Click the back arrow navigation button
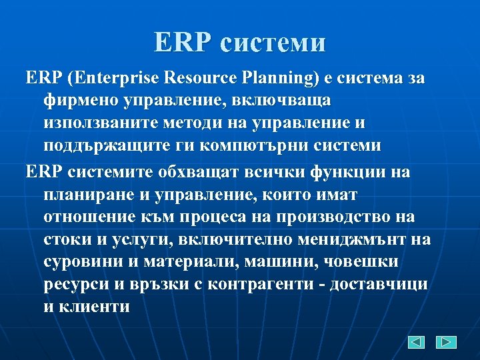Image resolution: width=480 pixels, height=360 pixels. [417, 342]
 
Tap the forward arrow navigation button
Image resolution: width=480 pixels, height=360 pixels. [446, 342]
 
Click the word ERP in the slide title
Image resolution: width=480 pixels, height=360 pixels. [182, 43]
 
